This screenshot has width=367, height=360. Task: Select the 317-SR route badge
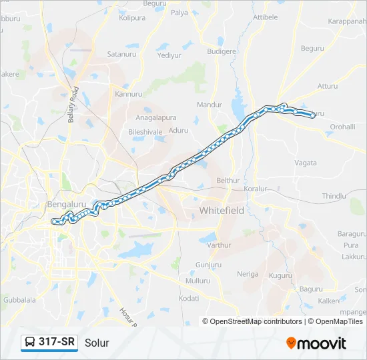[x=50, y=342]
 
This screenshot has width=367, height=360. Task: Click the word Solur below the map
[x=97, y=343]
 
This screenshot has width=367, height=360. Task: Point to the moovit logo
[x=316, y=343]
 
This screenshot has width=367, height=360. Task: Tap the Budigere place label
[x=222, y=51]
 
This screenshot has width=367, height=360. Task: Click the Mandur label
[x=210, y=105]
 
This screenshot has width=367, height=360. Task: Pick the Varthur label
[x=219, y=245]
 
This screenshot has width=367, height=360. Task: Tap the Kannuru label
[x=129, y=94]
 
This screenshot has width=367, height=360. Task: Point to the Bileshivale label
[x=145, y=132]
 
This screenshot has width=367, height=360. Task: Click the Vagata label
[x=306, y=162]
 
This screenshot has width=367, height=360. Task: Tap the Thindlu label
[x=334, y=196]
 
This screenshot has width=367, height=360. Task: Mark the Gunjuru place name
[x=209, y=265]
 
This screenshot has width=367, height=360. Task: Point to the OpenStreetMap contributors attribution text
[x=253, y=321]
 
